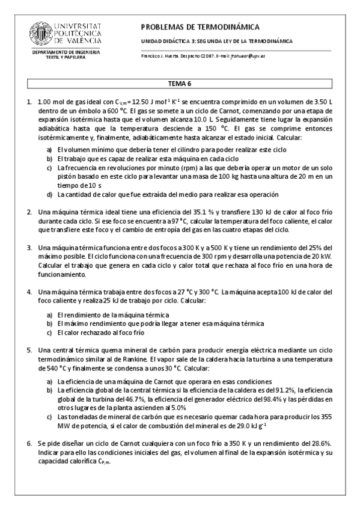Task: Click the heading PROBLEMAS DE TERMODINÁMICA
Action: tap(200, 27)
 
